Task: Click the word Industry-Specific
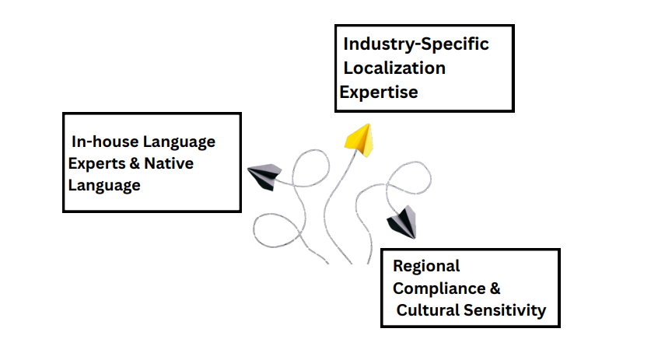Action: click(416, 44)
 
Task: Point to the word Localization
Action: click(394, 68)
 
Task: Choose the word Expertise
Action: click(379, 92)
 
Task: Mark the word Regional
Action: click(426, 266)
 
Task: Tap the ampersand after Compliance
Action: click(495, 288)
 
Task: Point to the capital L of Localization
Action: click(348, 68)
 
